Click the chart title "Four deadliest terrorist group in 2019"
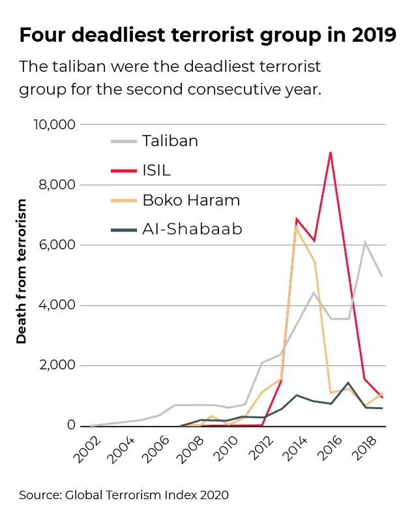tap(207, 35)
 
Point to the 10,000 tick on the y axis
tap(53, 125)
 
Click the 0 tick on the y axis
tap(70, 426)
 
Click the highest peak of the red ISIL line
tap(331, 153)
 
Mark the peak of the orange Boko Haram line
tap(297, 226)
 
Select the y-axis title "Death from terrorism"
tap(22, 271)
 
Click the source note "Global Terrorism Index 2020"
tap(124, 495)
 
